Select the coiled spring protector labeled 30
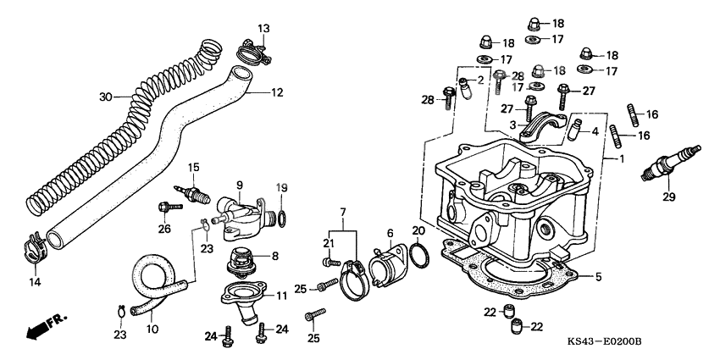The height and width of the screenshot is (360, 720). pos(119,127)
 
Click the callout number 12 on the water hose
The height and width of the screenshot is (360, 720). pos(276,92)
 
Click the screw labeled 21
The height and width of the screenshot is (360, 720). pos(332,259)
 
